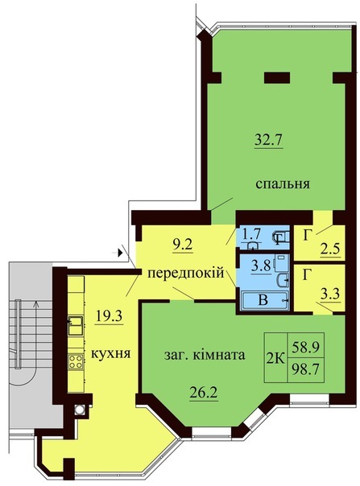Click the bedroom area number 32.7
268,141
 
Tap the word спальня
283,183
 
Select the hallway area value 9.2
182,245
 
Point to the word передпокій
185,274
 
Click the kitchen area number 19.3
110,316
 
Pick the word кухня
111,353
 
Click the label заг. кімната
205,355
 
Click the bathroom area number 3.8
261,266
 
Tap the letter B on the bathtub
263,300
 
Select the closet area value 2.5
331,249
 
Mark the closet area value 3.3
331,293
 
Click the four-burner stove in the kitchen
76,362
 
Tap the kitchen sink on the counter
76,325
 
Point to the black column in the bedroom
276,78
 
